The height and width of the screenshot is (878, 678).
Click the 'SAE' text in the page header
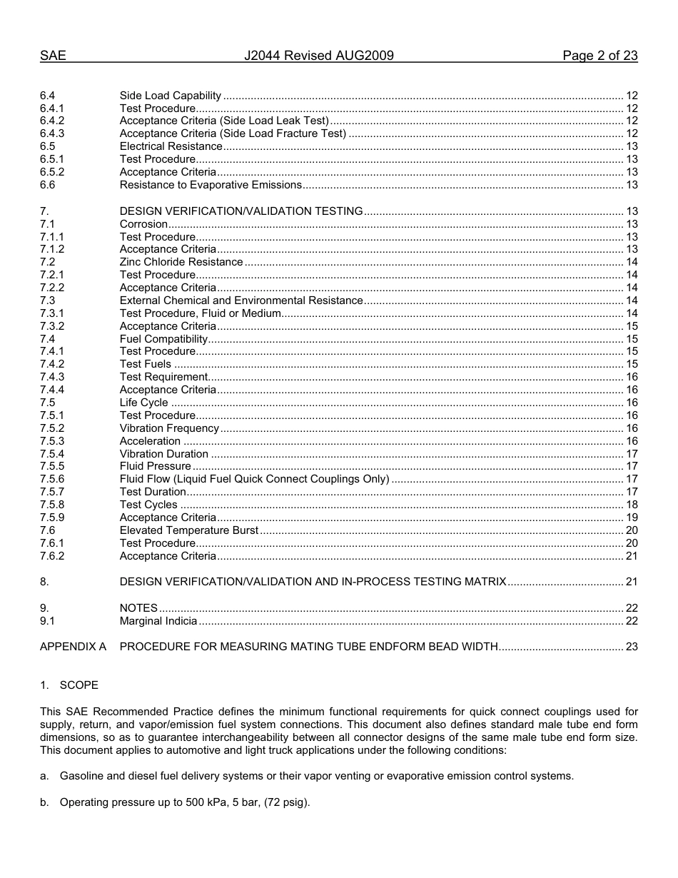pos(53,56)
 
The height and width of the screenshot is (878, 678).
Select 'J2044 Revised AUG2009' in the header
pos(319,56)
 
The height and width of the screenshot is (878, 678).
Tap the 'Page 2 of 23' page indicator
pos(599,56)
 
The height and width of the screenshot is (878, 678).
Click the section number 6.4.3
pos(52,133)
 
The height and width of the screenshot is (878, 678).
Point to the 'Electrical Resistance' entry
pos(171,146)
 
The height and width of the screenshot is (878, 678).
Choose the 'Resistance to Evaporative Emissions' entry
pos(211,185)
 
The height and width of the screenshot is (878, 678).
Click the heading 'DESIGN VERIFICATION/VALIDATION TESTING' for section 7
pos(241,211)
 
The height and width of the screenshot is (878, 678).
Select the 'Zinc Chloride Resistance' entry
pos(181,262)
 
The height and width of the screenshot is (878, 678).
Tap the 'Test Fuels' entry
pos(146,364)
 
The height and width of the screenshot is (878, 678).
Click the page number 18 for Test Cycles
pos(631,505)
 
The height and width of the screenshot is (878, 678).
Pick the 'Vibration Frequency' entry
pos(169,428)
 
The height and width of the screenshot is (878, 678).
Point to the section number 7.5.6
pos(52,479)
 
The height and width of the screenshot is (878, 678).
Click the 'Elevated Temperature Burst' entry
pos(189,530)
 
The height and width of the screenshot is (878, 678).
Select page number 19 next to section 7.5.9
pos(631,518)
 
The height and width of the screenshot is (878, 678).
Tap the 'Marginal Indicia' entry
pos(158,621)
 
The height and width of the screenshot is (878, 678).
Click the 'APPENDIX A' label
pos(73,647)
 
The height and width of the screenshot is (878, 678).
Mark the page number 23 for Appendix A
pos(631,647)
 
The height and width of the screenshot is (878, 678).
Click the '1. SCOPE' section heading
pos(69,685)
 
